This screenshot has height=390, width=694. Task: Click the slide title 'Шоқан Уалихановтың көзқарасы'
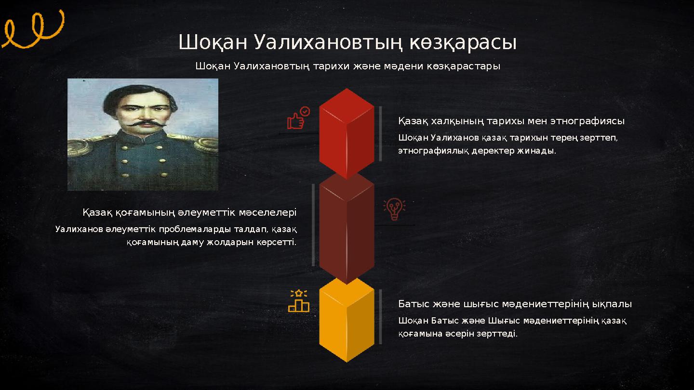pyautogui.click(x=347, y=42)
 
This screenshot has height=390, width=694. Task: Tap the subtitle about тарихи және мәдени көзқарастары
pyautogui.click(x=347, y=66)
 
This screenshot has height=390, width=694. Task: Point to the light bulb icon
pyautogui.click(x=394, y=209)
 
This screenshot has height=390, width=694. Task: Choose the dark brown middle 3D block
pyautogui.click(x=347, y=226)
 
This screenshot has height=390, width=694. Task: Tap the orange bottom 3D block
pyautogui.click(x=347, y=320)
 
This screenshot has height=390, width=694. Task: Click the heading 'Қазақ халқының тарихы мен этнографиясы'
pyautogui.click(x=511, y=120)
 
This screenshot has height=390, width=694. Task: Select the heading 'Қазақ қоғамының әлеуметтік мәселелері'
pyautogui.click(x=189, y=212)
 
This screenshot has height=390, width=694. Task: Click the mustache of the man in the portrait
pyautogui.click(x=144, y=124)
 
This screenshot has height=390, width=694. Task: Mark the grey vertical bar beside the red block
pyautogui.click(x=380, y=133)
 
